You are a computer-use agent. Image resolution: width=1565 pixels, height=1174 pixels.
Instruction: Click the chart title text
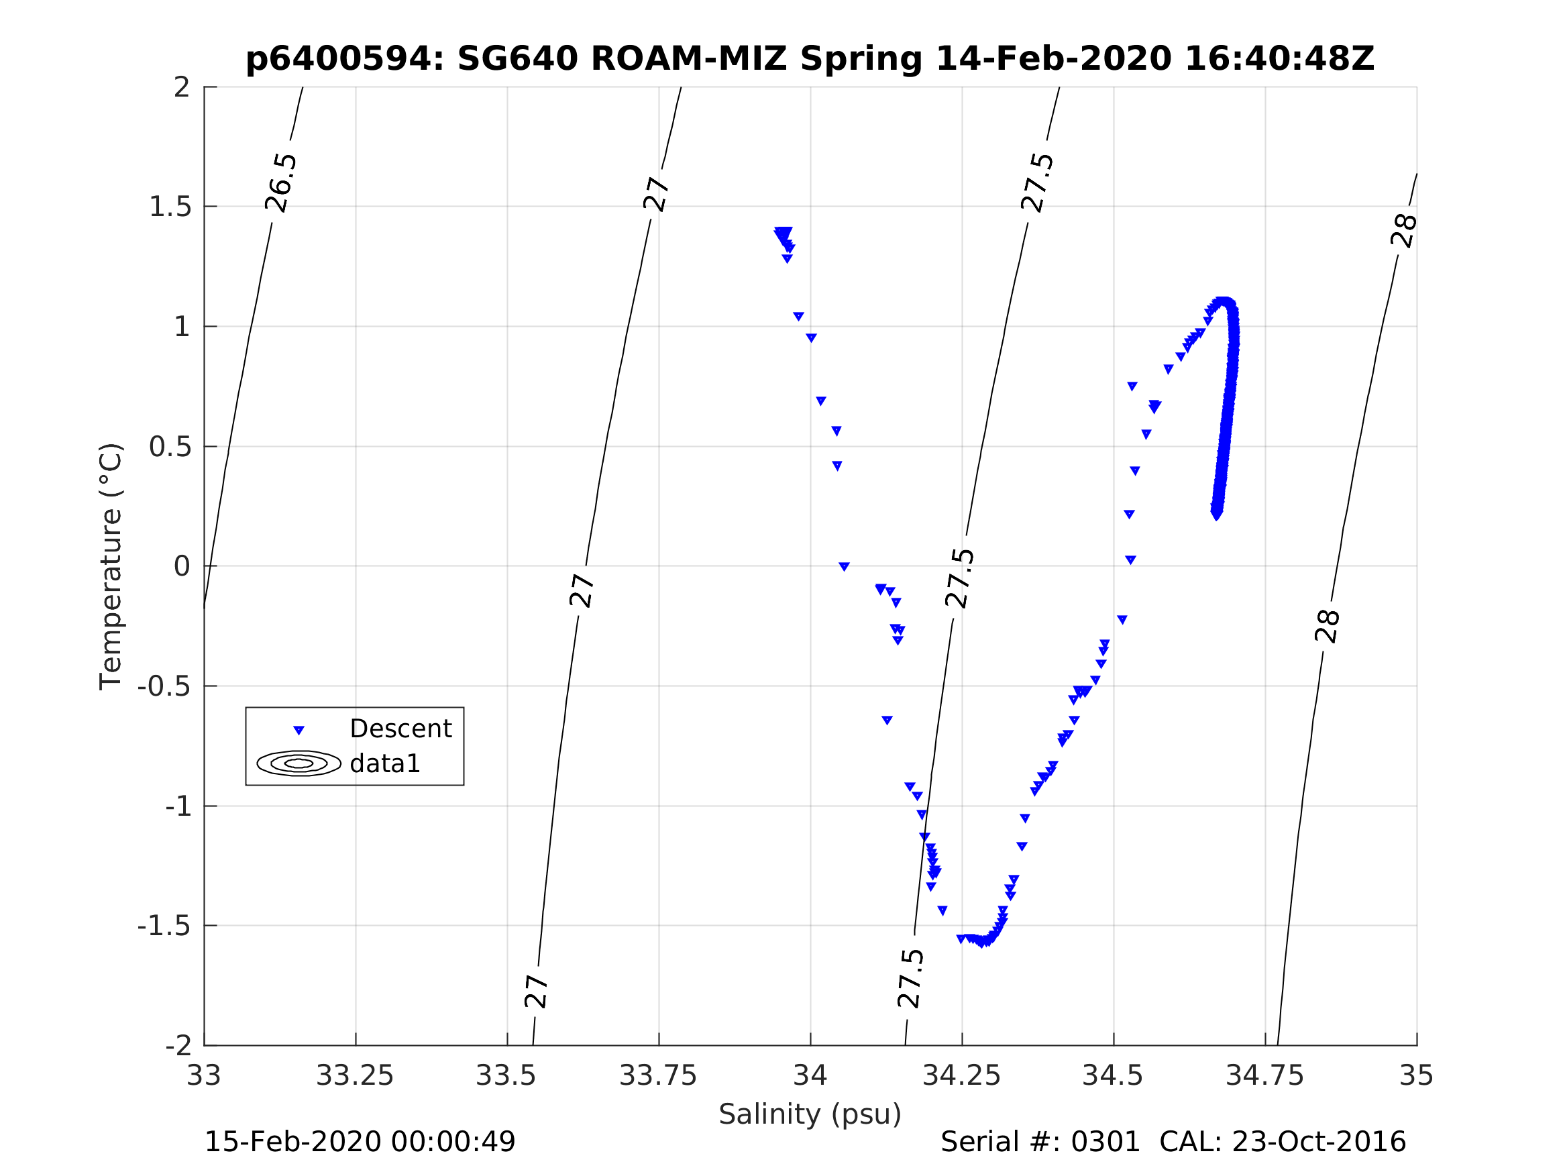pos(810,59)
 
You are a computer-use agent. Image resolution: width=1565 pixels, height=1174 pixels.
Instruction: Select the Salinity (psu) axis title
pos(810,1114)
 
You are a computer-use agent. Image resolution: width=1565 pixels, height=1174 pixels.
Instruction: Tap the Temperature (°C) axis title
pos(111,566)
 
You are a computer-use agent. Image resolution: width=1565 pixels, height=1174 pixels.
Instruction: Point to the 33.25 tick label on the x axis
pos(354,1075)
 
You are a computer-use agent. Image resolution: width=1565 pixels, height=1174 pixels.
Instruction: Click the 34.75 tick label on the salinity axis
pos(1264,1075)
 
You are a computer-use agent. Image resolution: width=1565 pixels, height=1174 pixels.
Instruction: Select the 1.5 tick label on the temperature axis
pos(170,207)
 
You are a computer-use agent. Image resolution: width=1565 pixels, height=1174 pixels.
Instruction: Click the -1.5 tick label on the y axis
pos(164,926)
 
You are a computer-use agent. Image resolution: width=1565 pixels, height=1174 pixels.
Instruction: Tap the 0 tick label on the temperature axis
pos(182,566)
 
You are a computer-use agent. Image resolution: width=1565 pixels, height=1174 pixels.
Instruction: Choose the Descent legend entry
pos(400,728)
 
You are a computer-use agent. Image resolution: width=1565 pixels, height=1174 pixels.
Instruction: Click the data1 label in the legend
pos(385,763)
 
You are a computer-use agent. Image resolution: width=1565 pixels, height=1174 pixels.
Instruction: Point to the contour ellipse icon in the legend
pos(299,763)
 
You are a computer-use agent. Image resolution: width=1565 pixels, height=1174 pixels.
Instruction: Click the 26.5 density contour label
pos(281,182)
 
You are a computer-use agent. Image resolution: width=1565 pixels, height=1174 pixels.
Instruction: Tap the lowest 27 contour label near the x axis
pos(536,992)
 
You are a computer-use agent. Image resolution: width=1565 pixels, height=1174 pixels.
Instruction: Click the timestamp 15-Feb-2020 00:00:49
pos(360,1142)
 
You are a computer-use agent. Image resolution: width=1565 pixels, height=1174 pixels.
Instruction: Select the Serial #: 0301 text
pos(1040,1142)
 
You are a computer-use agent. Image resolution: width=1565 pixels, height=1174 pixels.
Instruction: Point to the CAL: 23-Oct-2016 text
pos(1282,1142)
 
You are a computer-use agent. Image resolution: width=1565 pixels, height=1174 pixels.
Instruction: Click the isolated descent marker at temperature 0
pos(844,566)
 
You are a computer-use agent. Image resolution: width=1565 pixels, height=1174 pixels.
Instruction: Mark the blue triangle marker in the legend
pos(299,730)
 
